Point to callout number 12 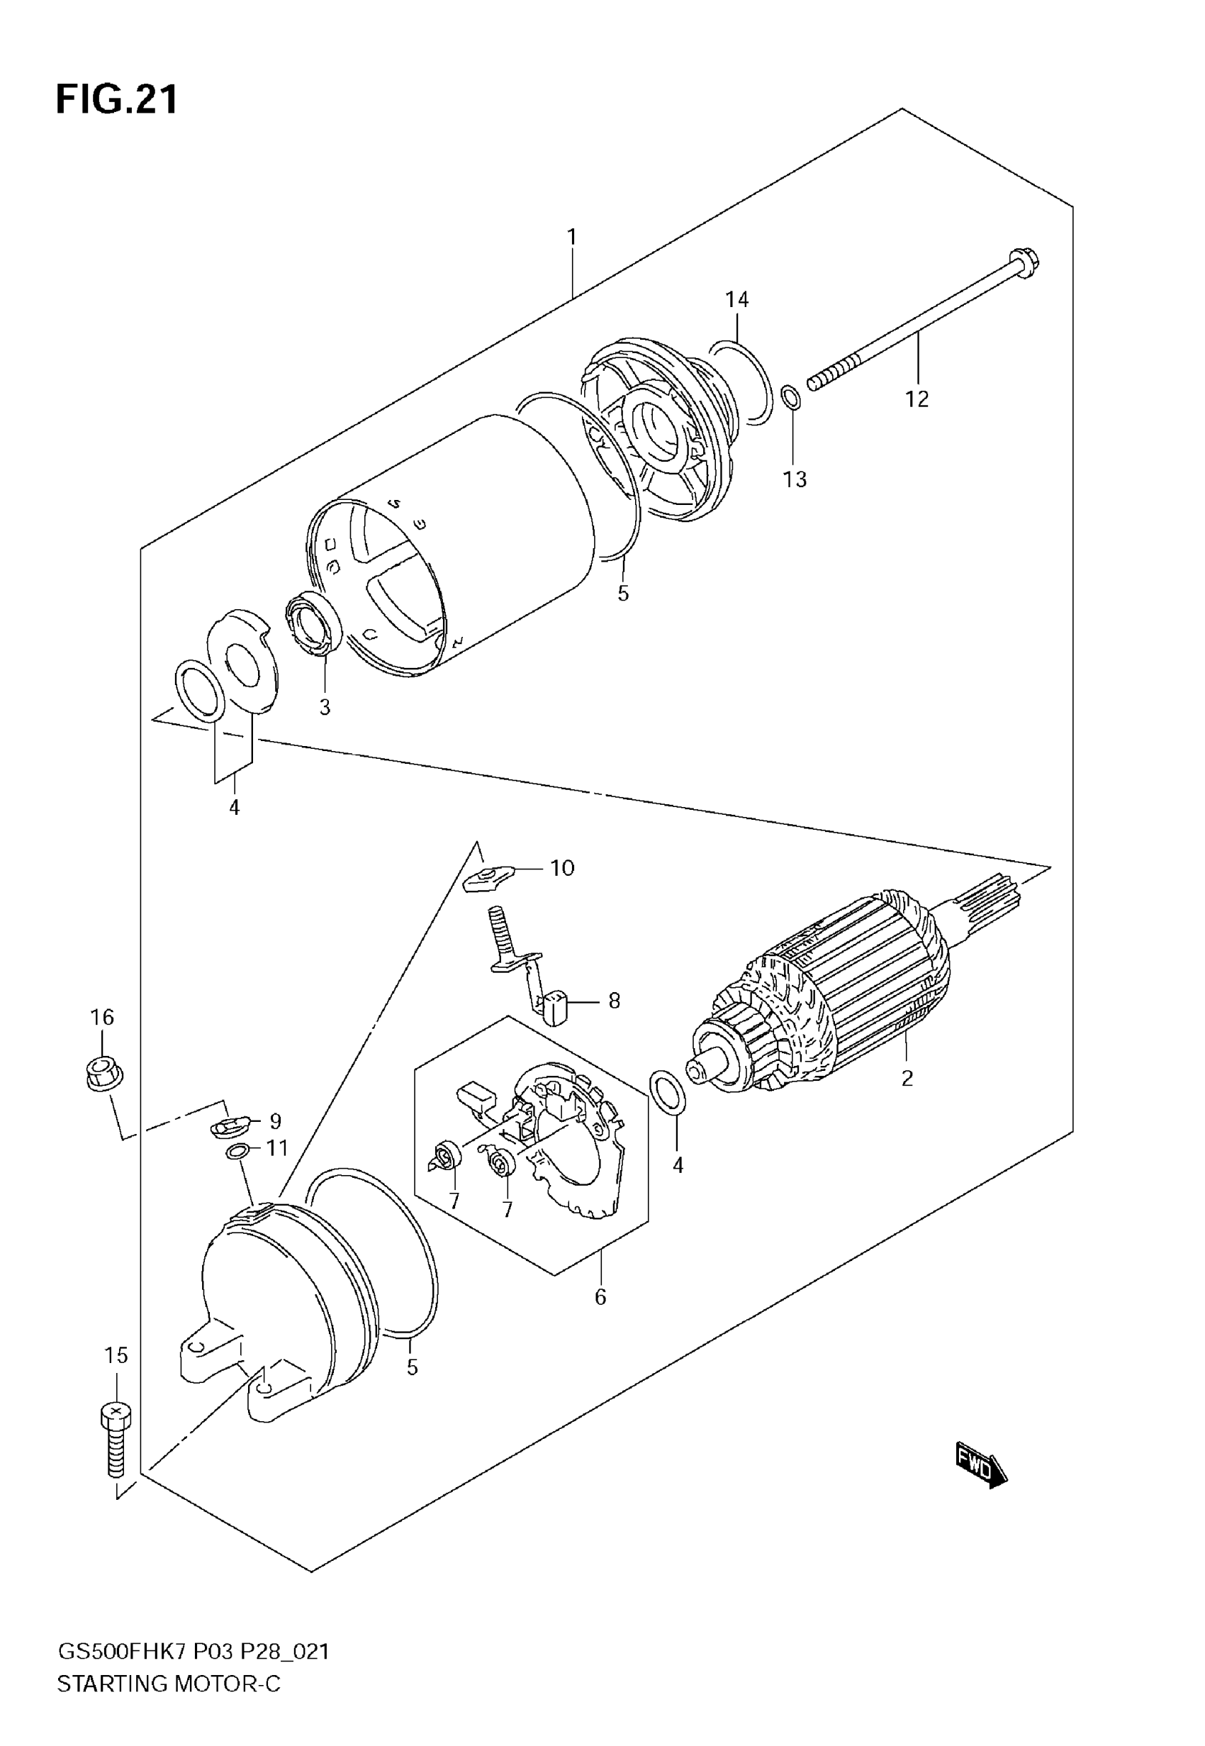tap(917, 399)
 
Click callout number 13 tap(795, 479)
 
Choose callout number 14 tap(737, 300)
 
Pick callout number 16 tap(103, 1017)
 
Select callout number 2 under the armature tap(907, 1078)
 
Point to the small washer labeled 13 tap(790, 396)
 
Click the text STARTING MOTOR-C tap(169, 1684)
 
